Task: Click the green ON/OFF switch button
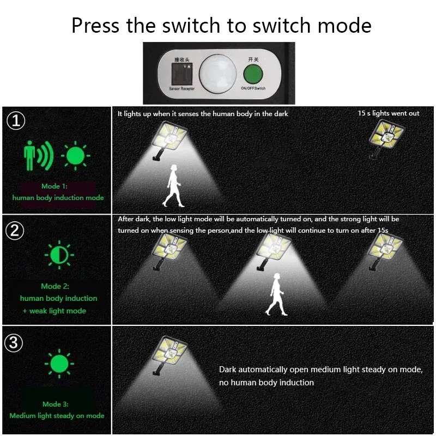tap(252, 73)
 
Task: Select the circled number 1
tap(17, 120)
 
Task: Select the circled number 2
tap(16, 231)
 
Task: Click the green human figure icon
tap(32, 155)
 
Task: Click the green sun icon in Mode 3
tap(58, 364)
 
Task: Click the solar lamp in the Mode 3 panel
tap(167, 354)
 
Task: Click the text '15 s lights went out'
tap(389, 113)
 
